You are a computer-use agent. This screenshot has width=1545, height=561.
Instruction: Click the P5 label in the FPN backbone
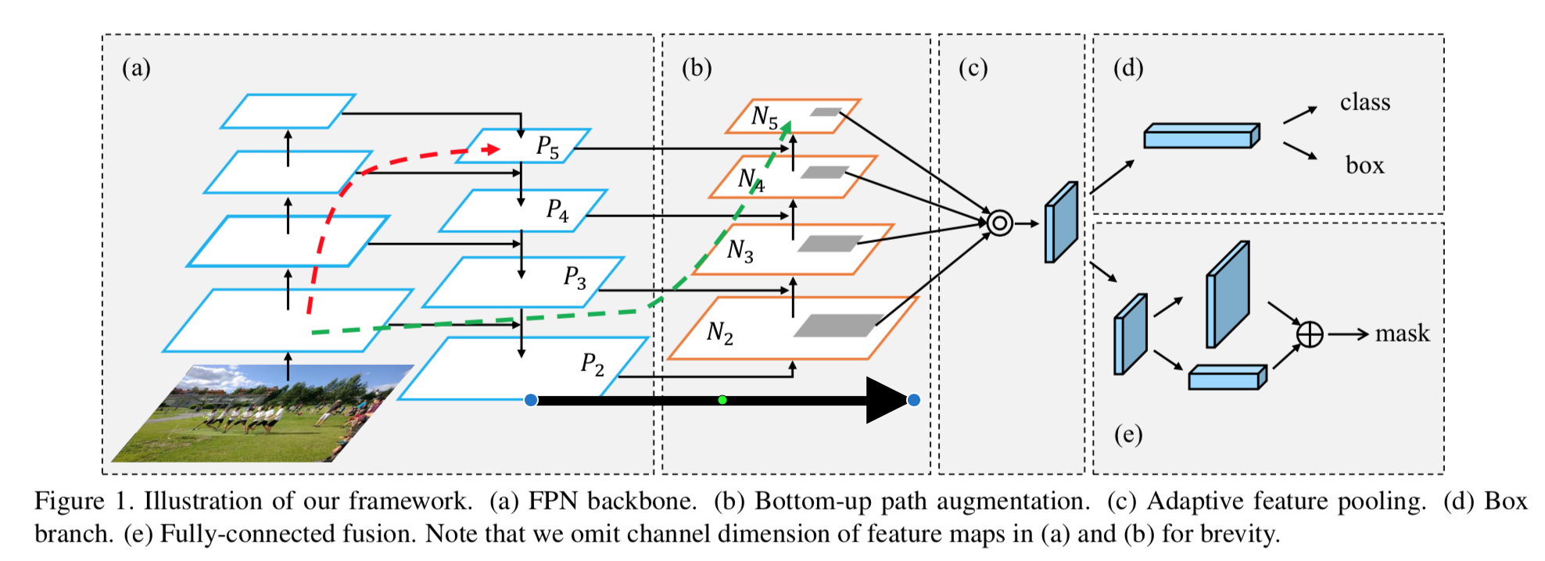tap(547, 146)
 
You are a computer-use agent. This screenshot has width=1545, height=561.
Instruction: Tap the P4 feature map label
tap(557, 209)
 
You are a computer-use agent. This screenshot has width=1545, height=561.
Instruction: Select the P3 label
tap(575, 277)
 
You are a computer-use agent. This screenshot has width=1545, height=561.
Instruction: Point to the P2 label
tap(592, 363)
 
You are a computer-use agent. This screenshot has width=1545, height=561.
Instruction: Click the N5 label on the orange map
tap(764, 117)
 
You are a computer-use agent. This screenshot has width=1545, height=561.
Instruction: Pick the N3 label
tap(740, 250)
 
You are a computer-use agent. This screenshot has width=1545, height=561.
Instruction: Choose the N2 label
tap(719, 334)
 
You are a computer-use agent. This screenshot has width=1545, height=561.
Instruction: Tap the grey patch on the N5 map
tap(825, 112)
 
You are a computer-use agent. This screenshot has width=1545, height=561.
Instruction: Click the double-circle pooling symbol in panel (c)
tap(999, 223)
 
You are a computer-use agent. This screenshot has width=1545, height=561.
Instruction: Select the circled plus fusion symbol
tap(1310, 334)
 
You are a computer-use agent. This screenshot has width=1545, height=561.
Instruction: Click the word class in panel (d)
tap(1365, 102)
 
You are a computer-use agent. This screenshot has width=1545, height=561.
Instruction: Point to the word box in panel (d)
tap(1364, 165)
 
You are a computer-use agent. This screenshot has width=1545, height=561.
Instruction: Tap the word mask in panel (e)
tap(1402, 334)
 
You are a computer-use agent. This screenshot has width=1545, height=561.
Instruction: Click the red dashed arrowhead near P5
tap(492, 148)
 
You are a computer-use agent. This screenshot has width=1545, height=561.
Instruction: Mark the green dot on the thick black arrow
tap(722, 400)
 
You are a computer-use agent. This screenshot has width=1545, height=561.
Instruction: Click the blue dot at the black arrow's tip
tap(913, 400)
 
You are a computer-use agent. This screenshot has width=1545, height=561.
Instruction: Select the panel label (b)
tap(697, 68)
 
